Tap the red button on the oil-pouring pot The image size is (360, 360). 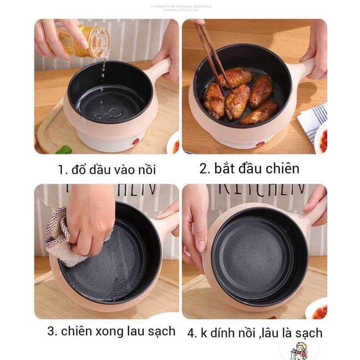(x=135, y=142)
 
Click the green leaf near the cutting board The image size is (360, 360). (x=64, y=150)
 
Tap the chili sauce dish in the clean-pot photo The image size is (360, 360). (x=319, y=311)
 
